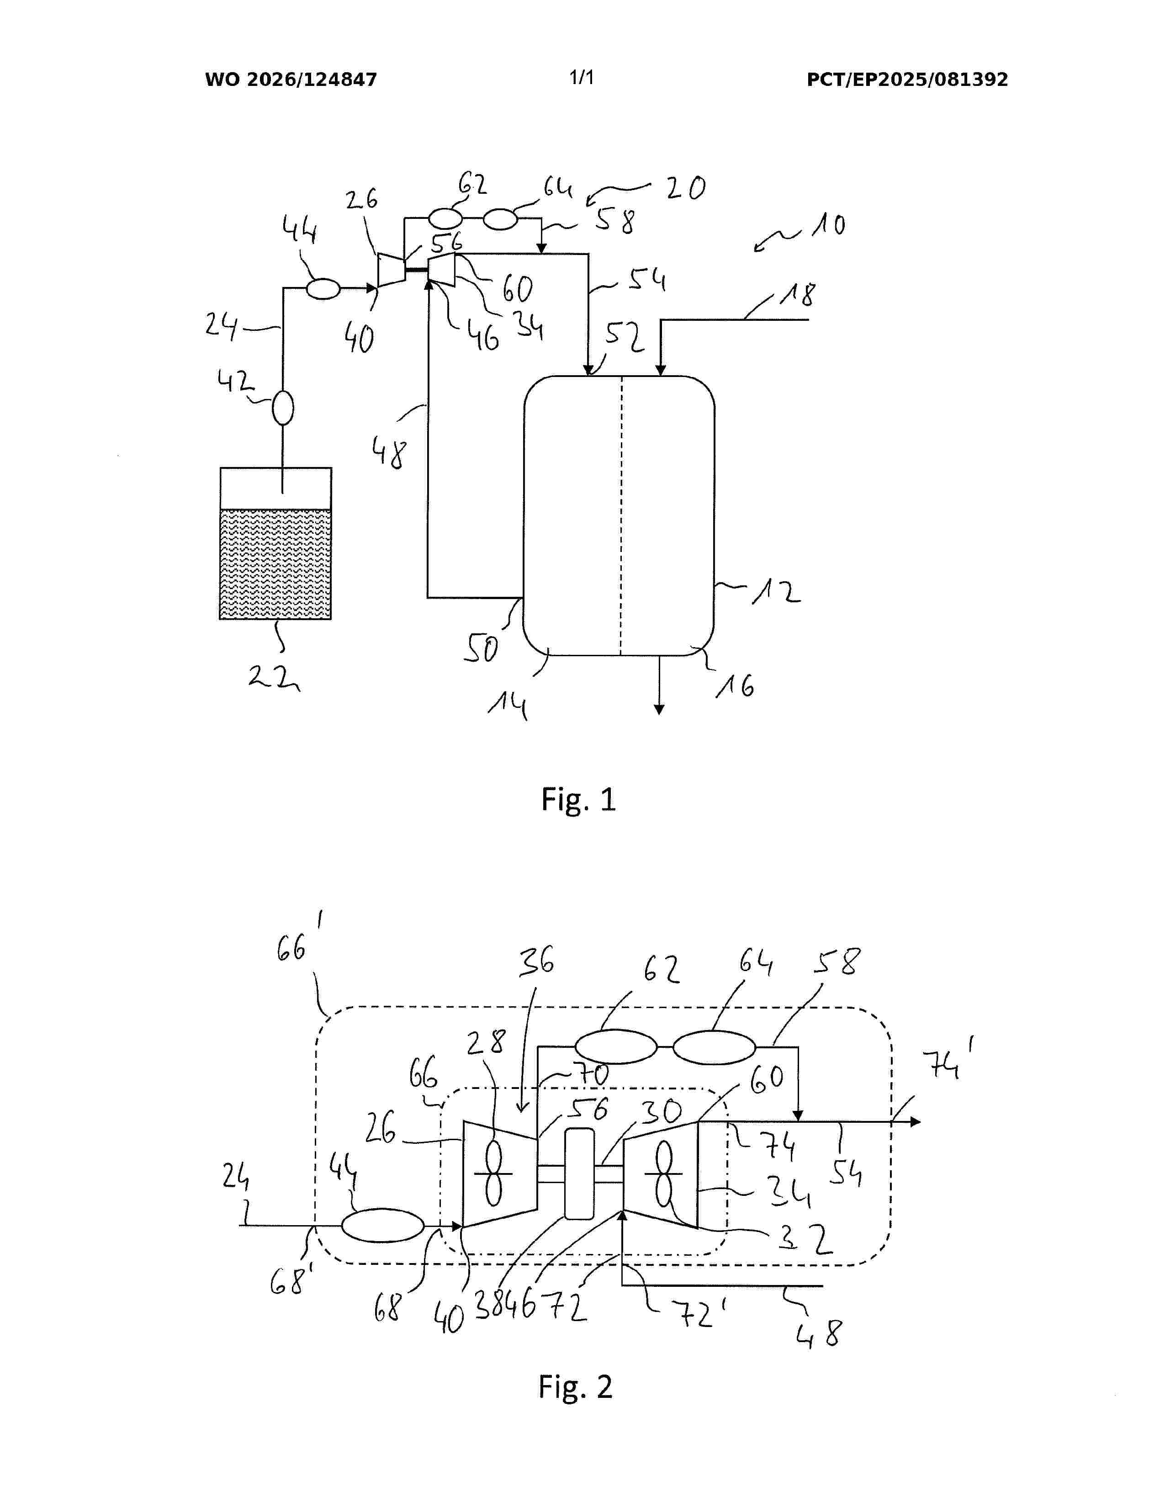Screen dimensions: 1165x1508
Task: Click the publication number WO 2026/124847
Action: coord(291,80)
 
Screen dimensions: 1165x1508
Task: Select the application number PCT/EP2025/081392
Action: coord(907,80)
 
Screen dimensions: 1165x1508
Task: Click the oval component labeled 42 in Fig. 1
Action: coord(283,408)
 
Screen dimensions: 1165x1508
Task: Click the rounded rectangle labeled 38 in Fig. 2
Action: coord(579,1174)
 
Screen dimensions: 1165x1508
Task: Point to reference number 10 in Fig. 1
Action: coord(828,225)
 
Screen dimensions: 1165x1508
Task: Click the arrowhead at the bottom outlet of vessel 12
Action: coord(660,709)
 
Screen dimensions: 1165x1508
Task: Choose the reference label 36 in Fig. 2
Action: coord(537,961)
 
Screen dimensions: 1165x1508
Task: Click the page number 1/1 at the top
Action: coord(582,77)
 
